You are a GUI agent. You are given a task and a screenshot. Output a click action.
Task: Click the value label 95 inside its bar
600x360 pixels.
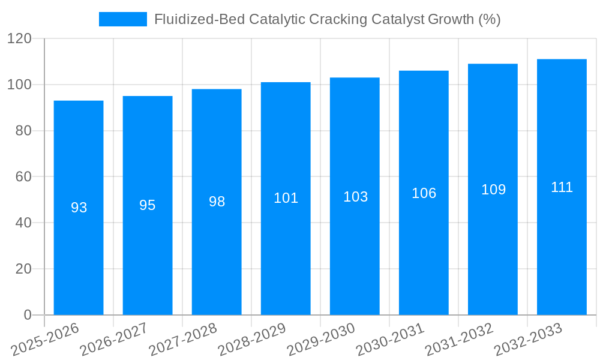148,205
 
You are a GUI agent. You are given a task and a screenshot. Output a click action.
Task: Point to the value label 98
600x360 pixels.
217,202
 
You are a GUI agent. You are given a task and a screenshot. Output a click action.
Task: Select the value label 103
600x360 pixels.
355,197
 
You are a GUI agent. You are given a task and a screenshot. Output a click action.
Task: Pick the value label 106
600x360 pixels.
424,193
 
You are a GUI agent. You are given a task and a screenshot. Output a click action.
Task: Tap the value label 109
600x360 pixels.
493,190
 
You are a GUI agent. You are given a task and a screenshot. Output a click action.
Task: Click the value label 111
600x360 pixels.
562,187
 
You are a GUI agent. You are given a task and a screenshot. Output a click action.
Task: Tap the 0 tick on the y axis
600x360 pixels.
27,315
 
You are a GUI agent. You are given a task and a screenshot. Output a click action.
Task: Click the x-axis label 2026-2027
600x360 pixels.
114,340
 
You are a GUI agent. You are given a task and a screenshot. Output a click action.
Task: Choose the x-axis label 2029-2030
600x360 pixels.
321,340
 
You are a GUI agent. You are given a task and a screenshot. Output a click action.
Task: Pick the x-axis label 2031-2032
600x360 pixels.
459,340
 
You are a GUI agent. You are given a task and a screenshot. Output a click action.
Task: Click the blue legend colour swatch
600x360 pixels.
122,19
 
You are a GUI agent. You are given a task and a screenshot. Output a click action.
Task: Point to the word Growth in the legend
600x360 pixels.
450,19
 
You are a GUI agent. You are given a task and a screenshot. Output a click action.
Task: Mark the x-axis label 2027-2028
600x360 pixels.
183,340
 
